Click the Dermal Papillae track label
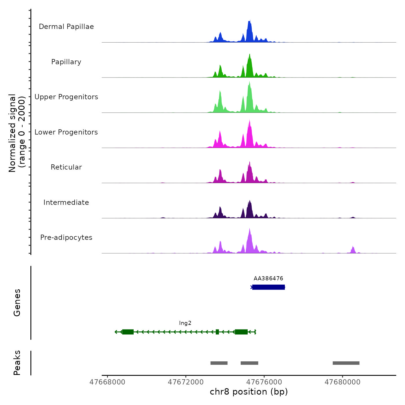click(x=66, y=27)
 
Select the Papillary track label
click(x=66, y=62)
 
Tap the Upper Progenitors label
click(x=66, y=97)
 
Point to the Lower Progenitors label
click(x=66, y=132)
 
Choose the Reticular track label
click(x=66, y=167)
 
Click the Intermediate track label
click(x=66, y=203)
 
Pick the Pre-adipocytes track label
click(x=66, y=238)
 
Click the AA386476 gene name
click(x=268, y=279)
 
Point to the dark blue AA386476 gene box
click(x=268, y=287)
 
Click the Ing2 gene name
click(x=185, y=323)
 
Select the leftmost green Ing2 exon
click(x=128, y=332)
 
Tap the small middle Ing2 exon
click(x=217, y=332)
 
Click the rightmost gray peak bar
click(x=346, y=363)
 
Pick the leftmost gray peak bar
click(x=219, y=363)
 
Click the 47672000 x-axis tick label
click(x=186, y=382)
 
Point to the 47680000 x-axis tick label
click(x=343, y=382)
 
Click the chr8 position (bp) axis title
click(x=249, y=392)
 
